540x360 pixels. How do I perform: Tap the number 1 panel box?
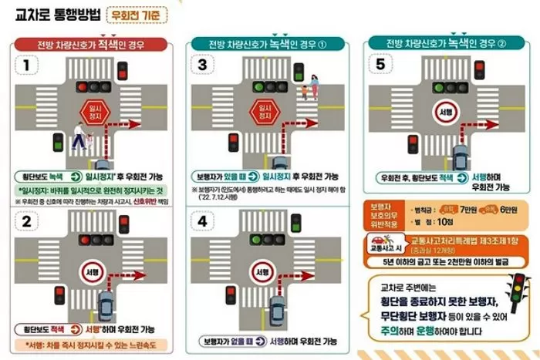coord(27,66)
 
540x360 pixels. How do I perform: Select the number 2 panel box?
coord(27,220)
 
